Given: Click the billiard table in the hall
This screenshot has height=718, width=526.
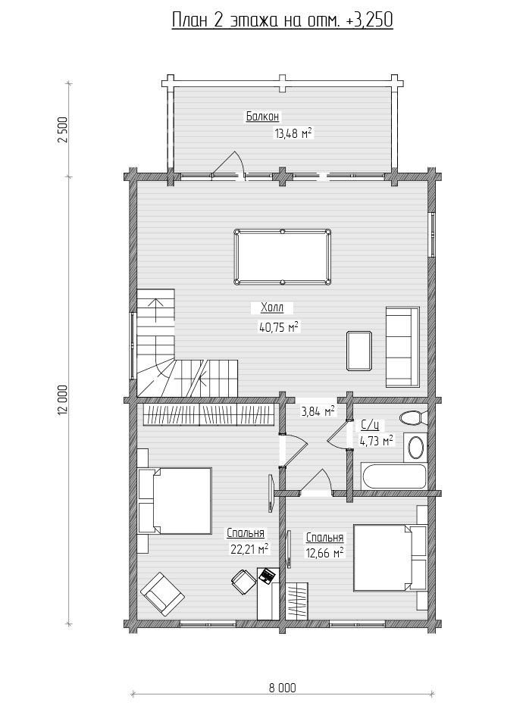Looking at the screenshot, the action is [283, 257].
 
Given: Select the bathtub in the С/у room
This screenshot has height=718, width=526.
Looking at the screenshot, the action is [394, 477].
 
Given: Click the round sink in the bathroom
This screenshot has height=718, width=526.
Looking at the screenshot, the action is [416, 448].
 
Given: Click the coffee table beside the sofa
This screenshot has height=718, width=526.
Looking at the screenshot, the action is [360, 351].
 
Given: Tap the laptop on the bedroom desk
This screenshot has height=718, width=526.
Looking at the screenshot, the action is [267, 576].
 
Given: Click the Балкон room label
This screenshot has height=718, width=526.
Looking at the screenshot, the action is [262, 117].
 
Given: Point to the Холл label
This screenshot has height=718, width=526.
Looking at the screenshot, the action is [272, 308].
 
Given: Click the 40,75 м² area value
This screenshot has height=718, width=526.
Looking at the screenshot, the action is [279, 326].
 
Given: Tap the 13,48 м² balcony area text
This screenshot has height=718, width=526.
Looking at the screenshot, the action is [293, 133].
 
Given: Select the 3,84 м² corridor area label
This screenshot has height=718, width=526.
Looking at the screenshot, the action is [317, 411].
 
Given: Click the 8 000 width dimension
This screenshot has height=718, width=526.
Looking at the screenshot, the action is [282, 687].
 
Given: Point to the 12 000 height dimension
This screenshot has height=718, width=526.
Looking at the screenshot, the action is [63, 400].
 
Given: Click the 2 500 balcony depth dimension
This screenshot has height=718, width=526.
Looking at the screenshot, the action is [63, 130].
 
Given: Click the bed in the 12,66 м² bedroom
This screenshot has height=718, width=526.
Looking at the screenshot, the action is [390, 557].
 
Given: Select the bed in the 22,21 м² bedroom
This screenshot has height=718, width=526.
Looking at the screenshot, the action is [174, 501].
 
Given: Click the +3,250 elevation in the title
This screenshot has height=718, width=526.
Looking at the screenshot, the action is [373, 20].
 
